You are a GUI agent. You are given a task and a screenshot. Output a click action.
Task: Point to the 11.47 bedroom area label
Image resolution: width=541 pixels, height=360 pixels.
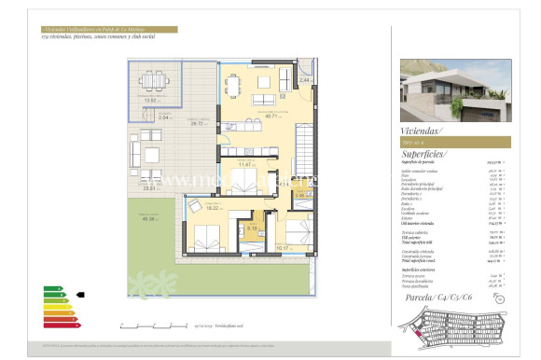click(246, 164)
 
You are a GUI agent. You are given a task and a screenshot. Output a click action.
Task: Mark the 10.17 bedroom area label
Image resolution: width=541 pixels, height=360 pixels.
click(284, 249)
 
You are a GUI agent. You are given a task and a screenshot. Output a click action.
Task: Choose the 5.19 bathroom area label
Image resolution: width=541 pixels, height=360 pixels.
click(252, 228)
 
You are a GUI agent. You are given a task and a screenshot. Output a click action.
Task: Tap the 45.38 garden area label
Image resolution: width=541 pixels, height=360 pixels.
click(149, 219)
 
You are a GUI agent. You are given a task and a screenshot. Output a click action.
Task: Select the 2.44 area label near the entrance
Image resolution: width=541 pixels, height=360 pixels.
click(304, 80)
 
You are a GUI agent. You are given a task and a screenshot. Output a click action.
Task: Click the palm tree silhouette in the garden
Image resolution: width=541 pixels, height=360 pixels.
click(146, 284)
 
